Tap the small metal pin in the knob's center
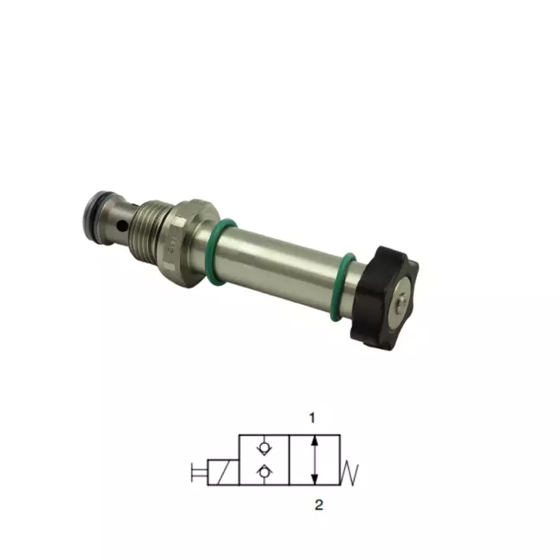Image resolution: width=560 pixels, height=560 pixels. click(402, 300)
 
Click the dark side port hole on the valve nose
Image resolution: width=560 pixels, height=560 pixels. click(122, 226)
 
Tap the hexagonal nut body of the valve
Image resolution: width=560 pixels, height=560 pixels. click(186, 243)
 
